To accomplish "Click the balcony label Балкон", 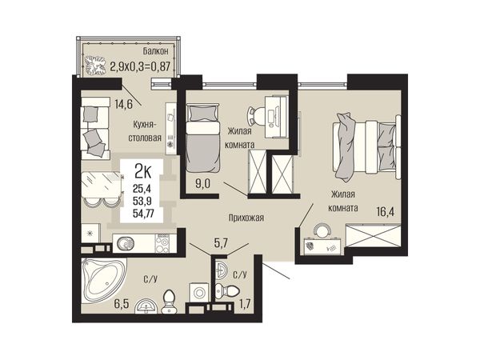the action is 155,51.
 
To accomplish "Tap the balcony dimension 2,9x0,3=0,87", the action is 139,66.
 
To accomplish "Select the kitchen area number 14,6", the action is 123,105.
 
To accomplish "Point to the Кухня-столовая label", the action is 145,131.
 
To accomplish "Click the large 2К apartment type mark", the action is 143,172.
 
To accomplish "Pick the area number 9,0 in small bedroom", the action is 203,184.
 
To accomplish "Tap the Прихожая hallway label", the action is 246,218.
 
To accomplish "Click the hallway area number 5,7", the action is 221,243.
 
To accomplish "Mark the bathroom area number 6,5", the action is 122,304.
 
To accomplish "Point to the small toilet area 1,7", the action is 246,304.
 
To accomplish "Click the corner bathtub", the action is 103,279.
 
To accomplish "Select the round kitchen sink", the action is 126,244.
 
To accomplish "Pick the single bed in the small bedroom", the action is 202,138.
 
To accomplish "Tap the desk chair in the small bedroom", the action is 257,116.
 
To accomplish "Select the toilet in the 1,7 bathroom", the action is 226,289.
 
